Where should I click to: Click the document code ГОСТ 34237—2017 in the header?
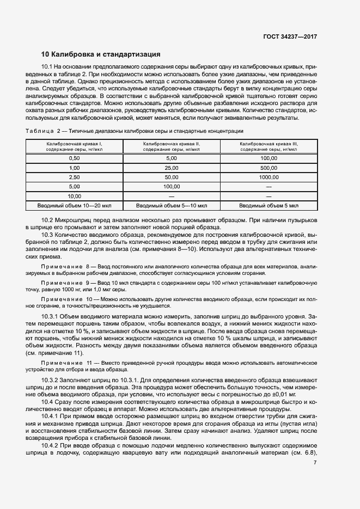(289, 36)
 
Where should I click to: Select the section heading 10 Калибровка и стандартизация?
(101, 54)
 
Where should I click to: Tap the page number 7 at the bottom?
(315, 463)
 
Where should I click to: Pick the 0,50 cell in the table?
(74, 158)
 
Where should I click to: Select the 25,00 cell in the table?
(171, 168)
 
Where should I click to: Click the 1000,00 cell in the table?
(269, 177)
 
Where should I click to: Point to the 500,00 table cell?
(269, 168)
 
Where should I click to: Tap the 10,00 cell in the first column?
(74, 195)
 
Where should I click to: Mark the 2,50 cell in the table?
(74, 177)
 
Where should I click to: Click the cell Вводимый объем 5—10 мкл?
(171, 205)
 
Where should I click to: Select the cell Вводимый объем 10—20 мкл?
(74, 205)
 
